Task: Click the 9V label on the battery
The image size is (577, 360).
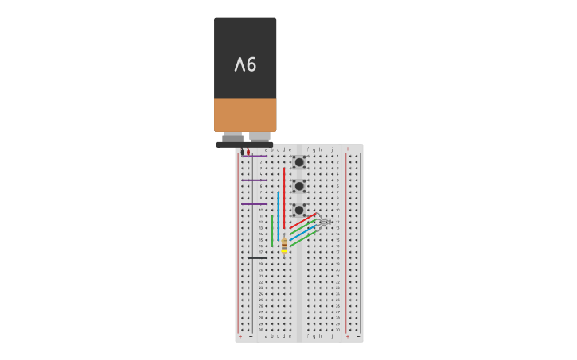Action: point(245,64)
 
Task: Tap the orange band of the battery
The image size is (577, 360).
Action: point(245,114)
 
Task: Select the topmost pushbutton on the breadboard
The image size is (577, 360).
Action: point(299,162)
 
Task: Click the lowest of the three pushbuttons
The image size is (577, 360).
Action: point(299,210)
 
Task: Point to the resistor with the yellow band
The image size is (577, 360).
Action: point(284,246)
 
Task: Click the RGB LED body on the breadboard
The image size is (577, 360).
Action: point(325,222)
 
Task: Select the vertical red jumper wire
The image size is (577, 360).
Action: point(284,199)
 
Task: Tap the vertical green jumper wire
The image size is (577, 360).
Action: point(272,230)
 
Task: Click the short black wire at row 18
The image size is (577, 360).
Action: point(257,257)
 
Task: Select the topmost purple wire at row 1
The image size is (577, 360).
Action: point(255,156)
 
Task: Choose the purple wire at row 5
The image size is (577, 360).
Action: point(255,180)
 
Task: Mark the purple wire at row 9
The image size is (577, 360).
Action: point(255,203)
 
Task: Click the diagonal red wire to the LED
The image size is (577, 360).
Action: point(302,222)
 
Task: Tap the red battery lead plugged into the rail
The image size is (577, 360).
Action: point(248,151)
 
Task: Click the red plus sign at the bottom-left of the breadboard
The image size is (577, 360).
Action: point(240,336)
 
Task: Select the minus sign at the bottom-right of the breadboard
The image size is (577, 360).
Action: point(357,336)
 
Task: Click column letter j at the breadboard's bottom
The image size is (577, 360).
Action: point(332,335)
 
